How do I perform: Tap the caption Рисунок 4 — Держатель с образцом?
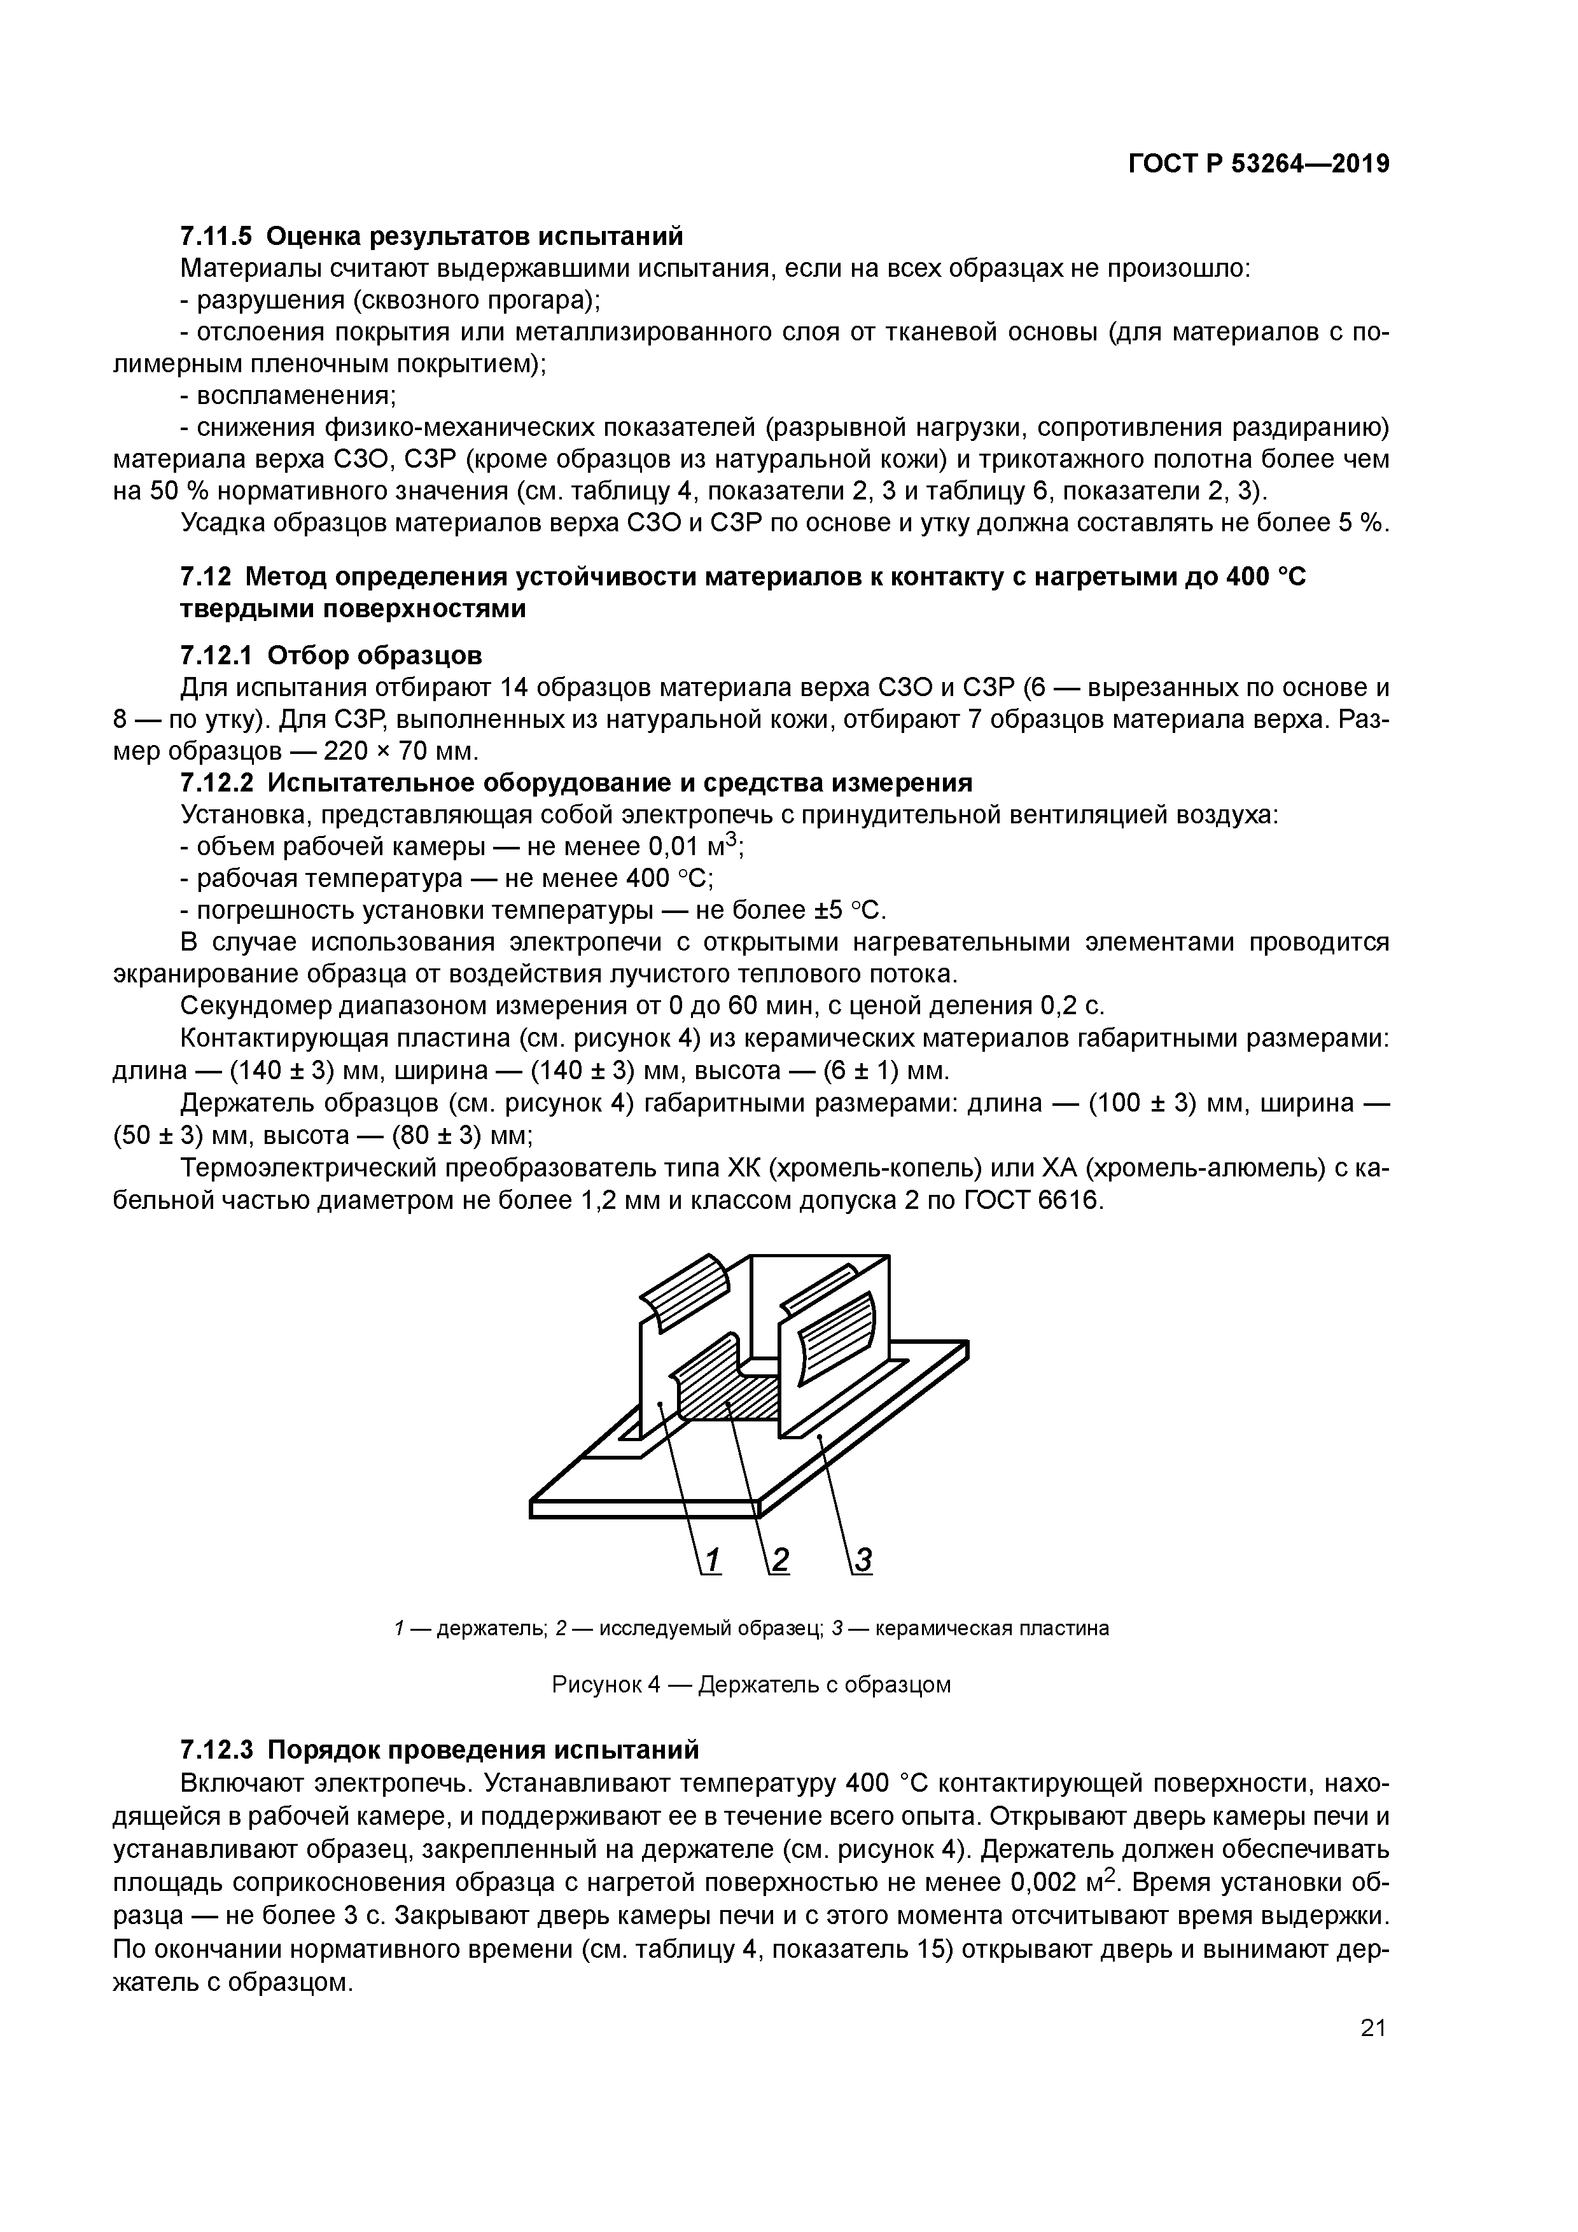[x=751, y=1684]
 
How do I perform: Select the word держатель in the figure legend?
[x=491, y=1628]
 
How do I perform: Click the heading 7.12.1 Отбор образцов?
[x=331, y=655]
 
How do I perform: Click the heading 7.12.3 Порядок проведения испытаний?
[x=440, y=1750]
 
